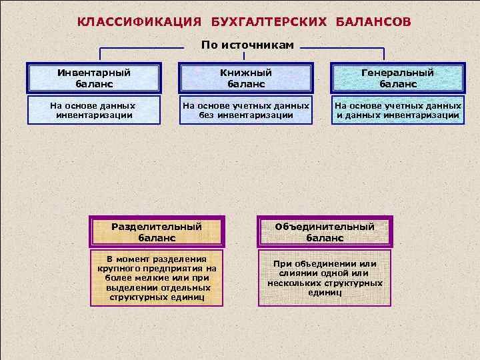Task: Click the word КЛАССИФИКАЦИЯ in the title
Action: click(x=139, y=21)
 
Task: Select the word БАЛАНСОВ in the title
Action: click(x=373, y=21)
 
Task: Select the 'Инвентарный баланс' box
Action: click(x=94, y=78)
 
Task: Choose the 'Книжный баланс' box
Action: click(x=246, y=78)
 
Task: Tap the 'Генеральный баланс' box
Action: click(x=398, y=78)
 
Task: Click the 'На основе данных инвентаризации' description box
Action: click(x=94, y=110)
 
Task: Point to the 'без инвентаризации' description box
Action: click(x=246, y=110)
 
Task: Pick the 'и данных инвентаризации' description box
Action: click(x=398, y=110)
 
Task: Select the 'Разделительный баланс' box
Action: click(x=157, y=231)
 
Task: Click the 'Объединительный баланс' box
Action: click(x=325, y=231)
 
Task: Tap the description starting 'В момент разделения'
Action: click(x=157, y=278)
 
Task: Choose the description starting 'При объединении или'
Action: click(x=325, y=278)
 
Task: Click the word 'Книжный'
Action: click(x=246, y=72)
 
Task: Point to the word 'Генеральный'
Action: click(x=398, y=72)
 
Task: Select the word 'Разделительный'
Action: click(x=157, y=226)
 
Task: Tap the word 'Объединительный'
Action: click(x=325, y=226)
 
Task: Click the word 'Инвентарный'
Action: click(x=94, y=72)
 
